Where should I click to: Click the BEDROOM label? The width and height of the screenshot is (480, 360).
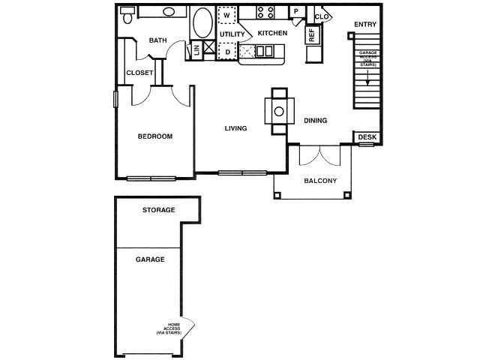pos(155,136)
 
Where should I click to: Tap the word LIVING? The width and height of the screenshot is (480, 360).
pos(235,128)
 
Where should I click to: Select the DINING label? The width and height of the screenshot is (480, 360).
pos(316,121)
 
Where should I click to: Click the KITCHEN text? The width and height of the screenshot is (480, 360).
pos(272,34)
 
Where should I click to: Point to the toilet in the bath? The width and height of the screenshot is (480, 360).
pos(127,15)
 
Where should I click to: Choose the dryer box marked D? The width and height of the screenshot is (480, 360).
pos(226,51)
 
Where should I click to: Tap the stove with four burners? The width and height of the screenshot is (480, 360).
pos(265,12)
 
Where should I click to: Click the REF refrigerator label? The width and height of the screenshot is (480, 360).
pos(311,34)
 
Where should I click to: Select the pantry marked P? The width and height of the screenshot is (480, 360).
pos(297,11)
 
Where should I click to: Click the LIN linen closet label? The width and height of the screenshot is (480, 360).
pos(196,49)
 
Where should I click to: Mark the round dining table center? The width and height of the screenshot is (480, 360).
pos(278,111)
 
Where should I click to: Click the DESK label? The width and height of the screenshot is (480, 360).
pos(366,136)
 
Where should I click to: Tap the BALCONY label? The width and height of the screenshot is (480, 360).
pos(319,181)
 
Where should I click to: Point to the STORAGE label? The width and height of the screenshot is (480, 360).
pos(158,210)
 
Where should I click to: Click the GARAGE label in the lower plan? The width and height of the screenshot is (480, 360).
pos(150,259)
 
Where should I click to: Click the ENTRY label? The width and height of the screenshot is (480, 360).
pos(365,24)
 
